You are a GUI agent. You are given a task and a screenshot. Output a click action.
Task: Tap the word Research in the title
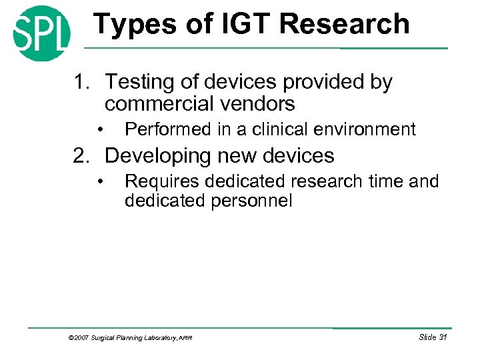[x=345, y=24]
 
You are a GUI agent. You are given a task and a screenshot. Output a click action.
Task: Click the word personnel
[x=255, y=201]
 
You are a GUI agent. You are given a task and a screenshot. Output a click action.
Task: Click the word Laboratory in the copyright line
[x=157, y=339]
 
